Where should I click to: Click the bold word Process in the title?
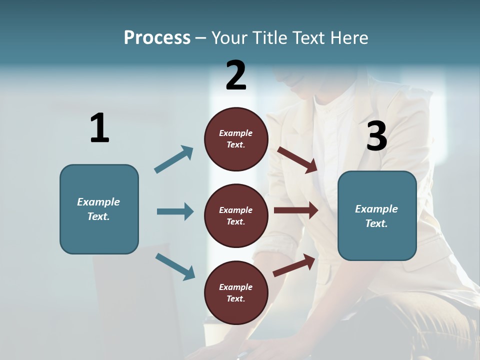pyautogui.click(x=157, y=38)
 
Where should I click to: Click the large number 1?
pyautogui.click(x=99, y=128)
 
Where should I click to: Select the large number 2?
pyautogui.click(x=236, y=75)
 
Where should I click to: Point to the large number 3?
pyautogui.click(x=376, y=136)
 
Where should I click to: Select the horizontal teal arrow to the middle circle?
pyautogui.click(x=175, y=211)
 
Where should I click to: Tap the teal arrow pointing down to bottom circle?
pyautogui.click(x=175, y=266)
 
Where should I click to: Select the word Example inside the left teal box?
pyautogui.click(x=98, y=202)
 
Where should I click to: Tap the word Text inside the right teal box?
pyautogui.click(x=376, y=223)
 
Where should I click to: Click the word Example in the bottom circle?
pyautogui.click(x=236, y=287)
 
